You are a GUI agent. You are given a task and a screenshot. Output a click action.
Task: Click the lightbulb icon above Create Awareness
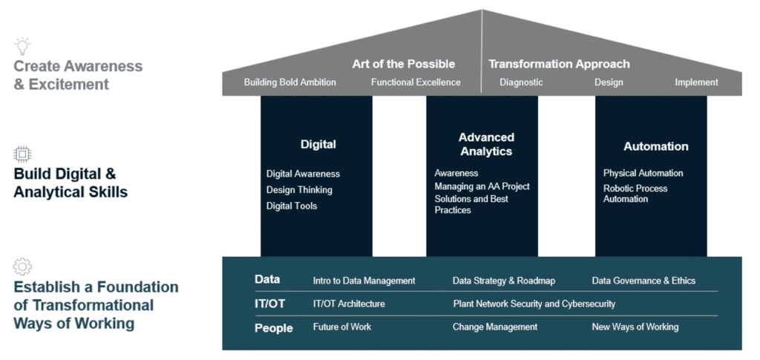tap(22, 45)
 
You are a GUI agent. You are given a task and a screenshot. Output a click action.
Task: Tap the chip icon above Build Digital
tap(22, 154)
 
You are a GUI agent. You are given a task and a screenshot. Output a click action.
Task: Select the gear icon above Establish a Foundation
tap(22, 266)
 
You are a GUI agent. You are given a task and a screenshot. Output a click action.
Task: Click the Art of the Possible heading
tap(403, 64)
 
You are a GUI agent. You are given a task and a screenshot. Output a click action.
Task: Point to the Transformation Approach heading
tap(559, 64)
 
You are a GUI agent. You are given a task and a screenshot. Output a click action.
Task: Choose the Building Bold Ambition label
tap(290, 82)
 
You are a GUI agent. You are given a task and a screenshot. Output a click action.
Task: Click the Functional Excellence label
tap(416, 82)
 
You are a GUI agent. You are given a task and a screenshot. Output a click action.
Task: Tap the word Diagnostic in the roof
tap(521, 82)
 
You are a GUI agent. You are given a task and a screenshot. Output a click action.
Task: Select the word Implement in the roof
tap(696, 82)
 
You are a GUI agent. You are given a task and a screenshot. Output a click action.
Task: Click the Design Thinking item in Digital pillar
tap(299, 190)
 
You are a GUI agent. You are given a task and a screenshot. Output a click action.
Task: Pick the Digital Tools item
tap(291, 206)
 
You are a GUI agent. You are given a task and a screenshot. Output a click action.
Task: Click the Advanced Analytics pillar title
tap(486, 145)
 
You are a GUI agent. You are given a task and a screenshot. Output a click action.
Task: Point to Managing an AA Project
tap(482, 186)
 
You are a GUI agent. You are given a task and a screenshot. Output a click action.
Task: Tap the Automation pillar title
tap(656, 146)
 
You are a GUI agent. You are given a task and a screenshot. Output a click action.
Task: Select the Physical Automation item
tap(643, 173)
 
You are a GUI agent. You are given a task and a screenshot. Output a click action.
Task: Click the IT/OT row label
tap(270, 304)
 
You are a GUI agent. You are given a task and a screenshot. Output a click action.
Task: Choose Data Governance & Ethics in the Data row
tap(643, 281)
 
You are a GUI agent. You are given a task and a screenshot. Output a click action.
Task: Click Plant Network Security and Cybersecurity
tap(534, 304)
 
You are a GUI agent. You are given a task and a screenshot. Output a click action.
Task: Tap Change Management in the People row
tap(495, 327)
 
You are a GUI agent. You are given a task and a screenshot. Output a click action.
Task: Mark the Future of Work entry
tap(342, 327)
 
